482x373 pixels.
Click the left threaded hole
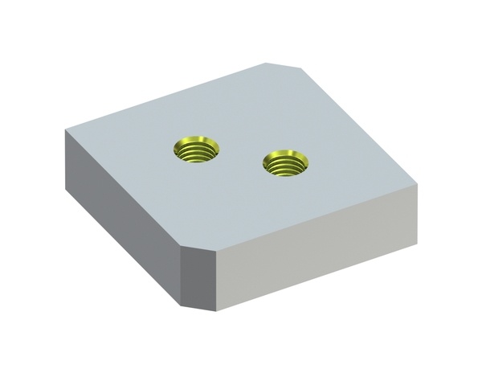click(x=195, y=150)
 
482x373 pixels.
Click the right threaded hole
click(x=285, y=164)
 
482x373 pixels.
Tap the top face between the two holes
click(x=240, y=157)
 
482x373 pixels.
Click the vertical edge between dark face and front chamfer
click(x=181, y=274)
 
